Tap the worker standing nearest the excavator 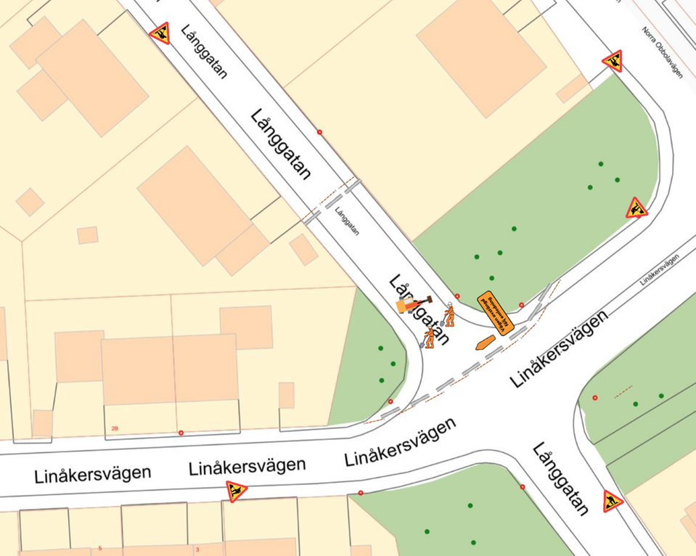pos(449,314)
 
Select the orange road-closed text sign pos(496,314)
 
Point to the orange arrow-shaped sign pos(484,343)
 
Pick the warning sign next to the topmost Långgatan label pos(160,33)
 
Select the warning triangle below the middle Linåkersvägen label pos(236,491)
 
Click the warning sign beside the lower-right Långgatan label pos(613,501)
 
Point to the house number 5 pos(99,549)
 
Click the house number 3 pos(197,549)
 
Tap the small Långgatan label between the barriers pos(347,221)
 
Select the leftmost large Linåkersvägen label pos(92,475)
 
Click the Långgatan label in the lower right pos(560,478)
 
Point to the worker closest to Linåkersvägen pos(429,337)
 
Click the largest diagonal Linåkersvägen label pos(558,348)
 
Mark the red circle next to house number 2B pos(181,433)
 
